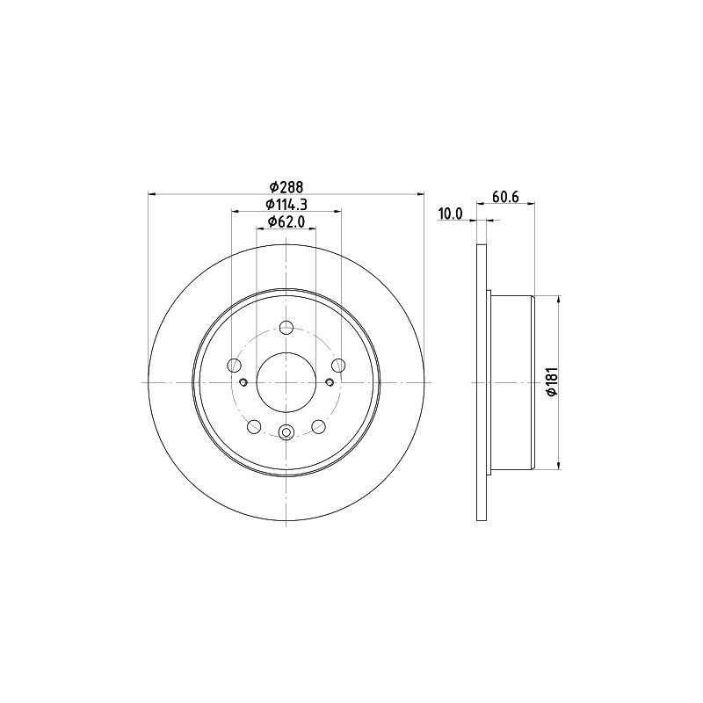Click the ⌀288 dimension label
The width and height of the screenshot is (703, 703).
point(286,186)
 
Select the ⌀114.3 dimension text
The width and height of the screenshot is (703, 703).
point(286,205)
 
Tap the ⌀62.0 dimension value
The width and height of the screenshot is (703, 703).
point(286,221)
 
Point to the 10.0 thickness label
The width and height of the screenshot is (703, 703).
point(450,214)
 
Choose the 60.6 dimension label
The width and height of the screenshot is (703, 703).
point(505,197)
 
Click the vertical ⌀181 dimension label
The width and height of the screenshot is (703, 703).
point(552,381)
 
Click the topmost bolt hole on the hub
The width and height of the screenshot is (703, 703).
point(286,328)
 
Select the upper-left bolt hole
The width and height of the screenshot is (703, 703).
point(235,366)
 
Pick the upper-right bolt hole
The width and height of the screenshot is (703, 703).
point(338,366)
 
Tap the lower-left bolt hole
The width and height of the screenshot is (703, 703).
point(254,426)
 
